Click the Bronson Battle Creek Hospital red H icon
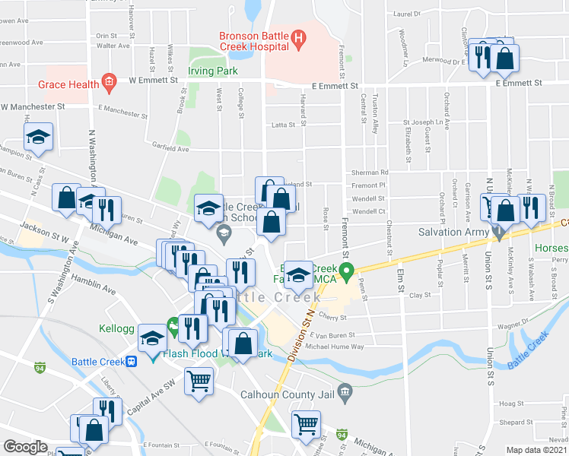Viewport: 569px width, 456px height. [298, 36]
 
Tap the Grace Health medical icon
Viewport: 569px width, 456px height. [109, 79]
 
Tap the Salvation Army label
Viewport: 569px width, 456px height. [451, 231]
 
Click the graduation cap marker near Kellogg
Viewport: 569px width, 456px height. [153, 338]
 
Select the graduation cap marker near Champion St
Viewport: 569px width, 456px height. [38, 138]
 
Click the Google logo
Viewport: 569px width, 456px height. [25, 447]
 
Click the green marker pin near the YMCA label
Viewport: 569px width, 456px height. [347, 271]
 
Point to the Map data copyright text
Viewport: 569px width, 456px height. [536, 450]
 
